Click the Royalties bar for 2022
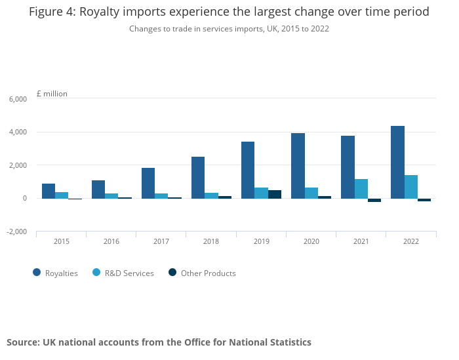point(397,162)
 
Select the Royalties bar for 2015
point(49,191)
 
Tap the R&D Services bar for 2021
point(361,188)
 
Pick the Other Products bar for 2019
point(275,194)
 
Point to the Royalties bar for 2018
point(198,177)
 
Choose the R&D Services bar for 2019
point(262,193)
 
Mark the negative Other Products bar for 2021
point(374,200)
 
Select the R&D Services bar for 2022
point(410,186)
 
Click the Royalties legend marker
point(36,273)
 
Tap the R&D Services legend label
point(129,273)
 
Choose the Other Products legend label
point(208,273)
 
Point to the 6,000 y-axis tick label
point(18,99)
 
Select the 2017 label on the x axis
point(161,241)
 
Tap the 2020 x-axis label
point(311,241)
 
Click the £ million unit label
point(52,94)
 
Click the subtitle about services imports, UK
point(229,29)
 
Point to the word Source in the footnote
point(22,342)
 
